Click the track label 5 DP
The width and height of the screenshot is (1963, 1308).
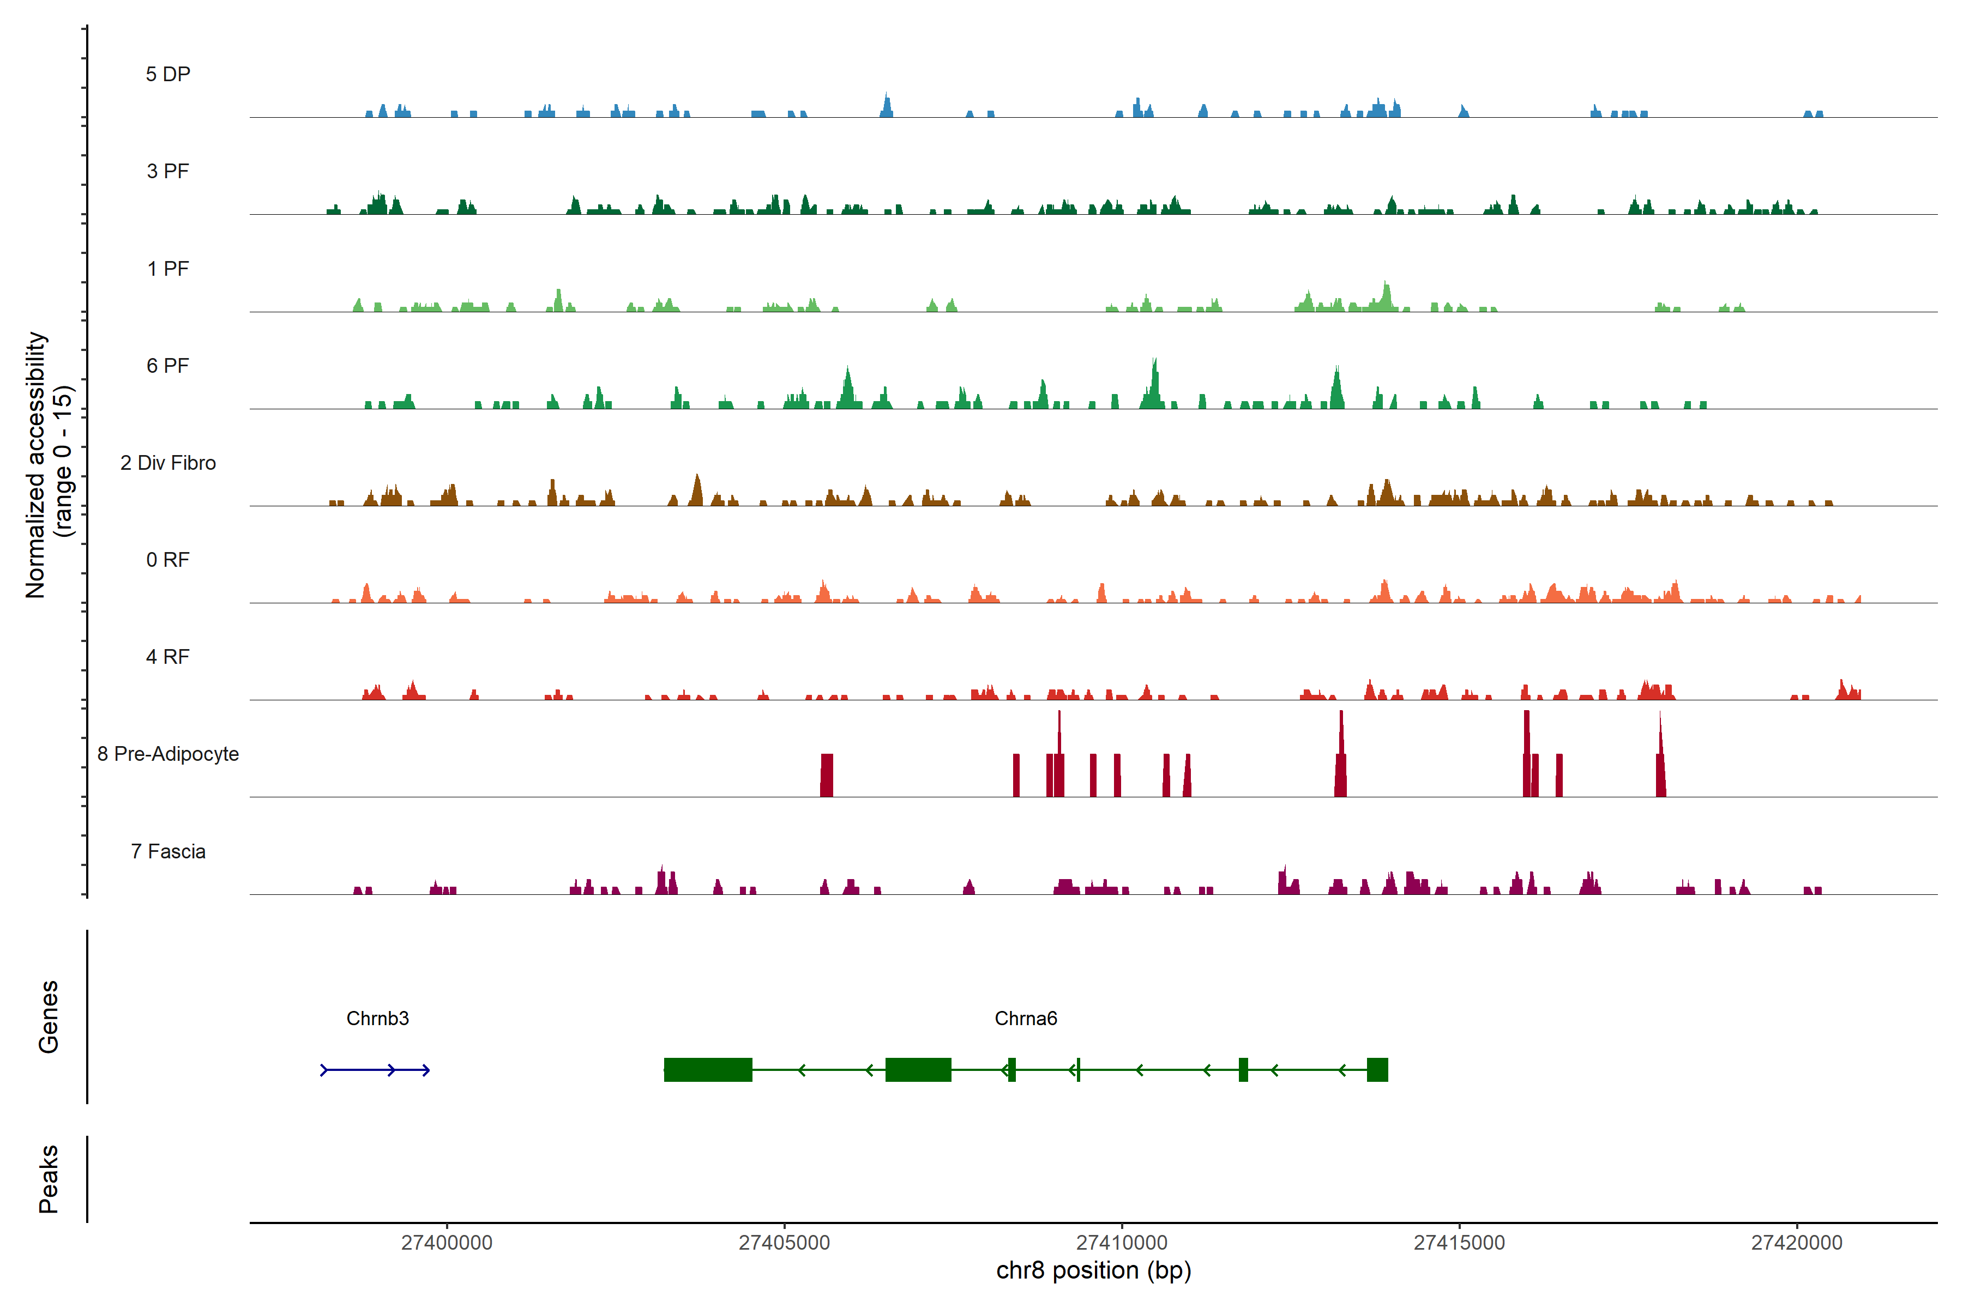point(168,74)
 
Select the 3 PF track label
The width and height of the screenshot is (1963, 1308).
point(168,171)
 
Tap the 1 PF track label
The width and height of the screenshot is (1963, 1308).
point(168,269)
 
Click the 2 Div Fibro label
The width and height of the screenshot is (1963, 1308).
point(168,463)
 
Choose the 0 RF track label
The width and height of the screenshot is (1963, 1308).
point(168,560)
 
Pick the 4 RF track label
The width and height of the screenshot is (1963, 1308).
point(168,657)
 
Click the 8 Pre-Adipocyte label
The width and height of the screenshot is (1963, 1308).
point(168,754)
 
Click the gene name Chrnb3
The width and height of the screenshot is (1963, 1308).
point(377,1019)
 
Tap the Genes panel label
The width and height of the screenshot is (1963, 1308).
point(49,1017)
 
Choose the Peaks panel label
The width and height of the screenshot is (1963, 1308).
point(49,1179)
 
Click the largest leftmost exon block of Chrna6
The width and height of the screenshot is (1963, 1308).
point(708,1069)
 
